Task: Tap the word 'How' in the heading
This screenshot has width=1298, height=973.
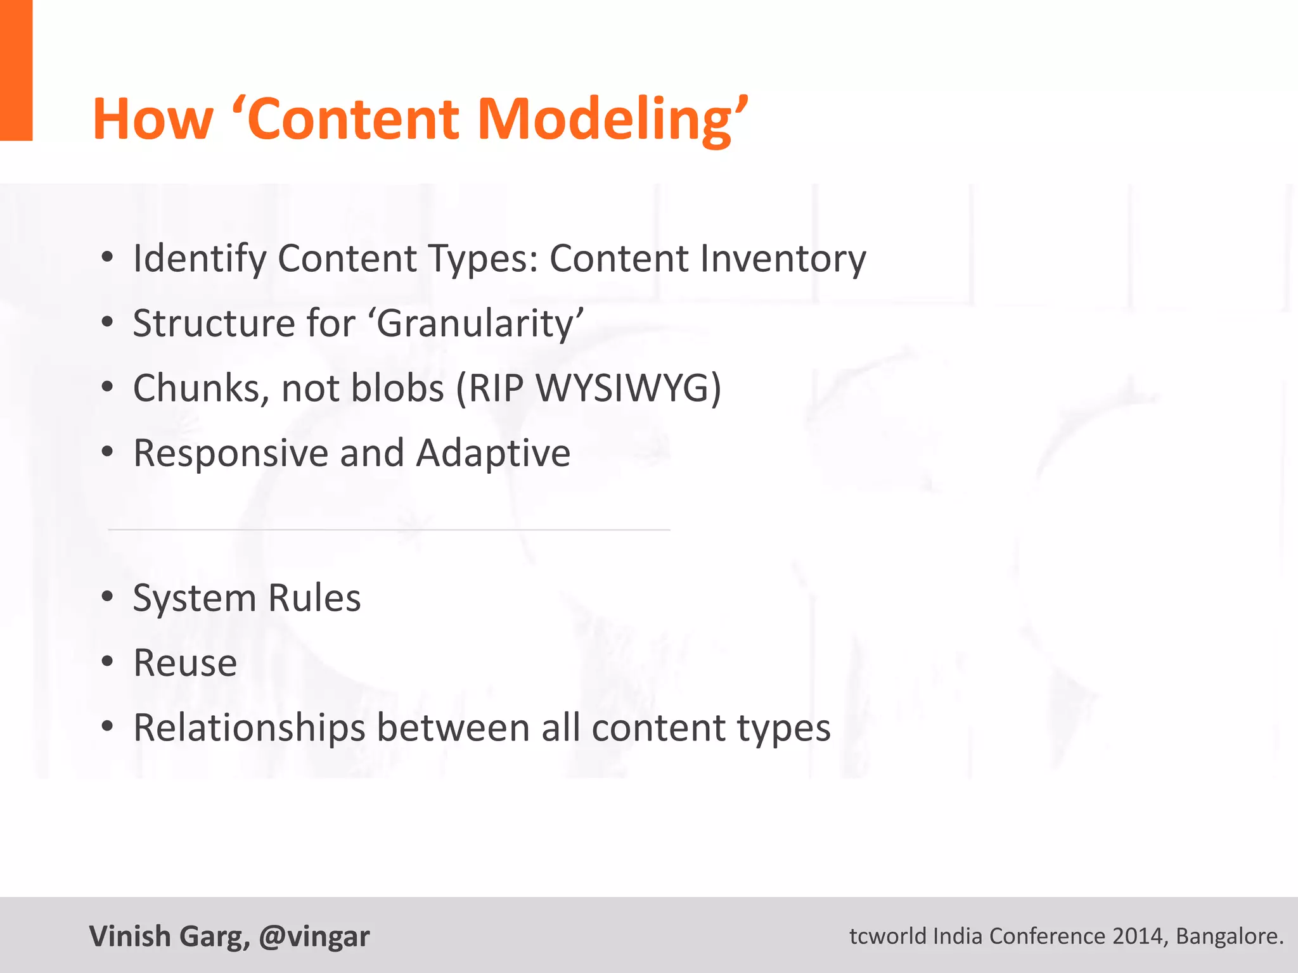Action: point(153,119)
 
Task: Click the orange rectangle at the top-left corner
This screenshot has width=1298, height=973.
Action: point(16,70)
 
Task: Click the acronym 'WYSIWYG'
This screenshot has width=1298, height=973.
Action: point(621,388)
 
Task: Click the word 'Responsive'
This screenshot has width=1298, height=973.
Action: point(231,454)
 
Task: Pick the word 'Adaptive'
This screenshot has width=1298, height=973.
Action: point(493,454)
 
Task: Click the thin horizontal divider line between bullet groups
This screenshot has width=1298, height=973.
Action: point(389,529)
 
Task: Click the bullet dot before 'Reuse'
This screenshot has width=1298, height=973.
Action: point(107,661)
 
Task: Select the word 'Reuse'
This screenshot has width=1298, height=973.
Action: point(185,663)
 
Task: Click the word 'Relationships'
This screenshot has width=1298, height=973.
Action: point(249,728)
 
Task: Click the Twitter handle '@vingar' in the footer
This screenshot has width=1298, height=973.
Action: point(314,936)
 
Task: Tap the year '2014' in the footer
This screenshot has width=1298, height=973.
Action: point(1140,936)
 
